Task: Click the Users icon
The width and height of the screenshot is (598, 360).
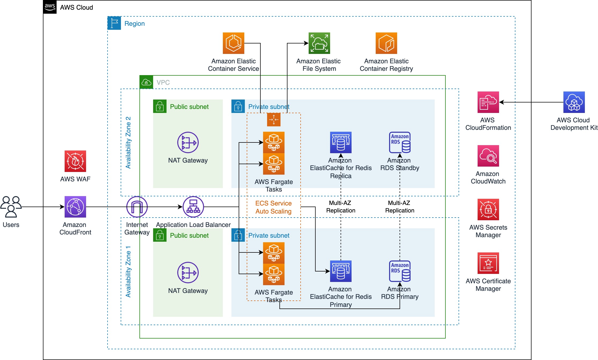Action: pos(11,207)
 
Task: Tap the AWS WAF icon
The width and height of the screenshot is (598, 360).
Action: pos(75,161)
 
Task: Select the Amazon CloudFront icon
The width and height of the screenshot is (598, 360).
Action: pos(75,207)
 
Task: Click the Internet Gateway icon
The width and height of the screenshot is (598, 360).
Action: pos(137,207)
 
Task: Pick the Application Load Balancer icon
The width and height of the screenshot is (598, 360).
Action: pos(193,207)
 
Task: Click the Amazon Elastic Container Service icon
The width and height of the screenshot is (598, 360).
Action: pos(234,43)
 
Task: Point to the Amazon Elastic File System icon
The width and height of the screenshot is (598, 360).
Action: pos(319,43)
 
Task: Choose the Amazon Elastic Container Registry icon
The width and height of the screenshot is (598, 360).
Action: pos(386,43)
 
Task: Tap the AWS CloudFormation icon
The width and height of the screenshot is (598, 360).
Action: pos(488,102)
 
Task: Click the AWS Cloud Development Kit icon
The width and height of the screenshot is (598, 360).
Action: pos(574,102)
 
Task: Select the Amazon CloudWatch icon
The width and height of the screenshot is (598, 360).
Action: pos(488,156)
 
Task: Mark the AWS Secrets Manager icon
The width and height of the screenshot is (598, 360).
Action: pos(488,210)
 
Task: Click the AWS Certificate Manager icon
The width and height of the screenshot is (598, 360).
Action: pos(488,263)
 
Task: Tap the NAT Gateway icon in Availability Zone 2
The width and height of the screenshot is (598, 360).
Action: pos(188,142)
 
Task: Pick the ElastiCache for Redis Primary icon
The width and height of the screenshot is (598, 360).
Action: pos(341,271)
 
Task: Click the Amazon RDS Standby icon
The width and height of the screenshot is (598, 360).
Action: pos(400,142)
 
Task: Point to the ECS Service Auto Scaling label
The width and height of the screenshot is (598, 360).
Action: pos(274,207)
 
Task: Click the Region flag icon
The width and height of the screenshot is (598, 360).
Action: pos(114,23)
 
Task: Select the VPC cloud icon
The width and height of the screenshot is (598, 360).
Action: pos(146,82)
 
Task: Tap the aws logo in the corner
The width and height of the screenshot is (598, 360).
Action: pos(50,7)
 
